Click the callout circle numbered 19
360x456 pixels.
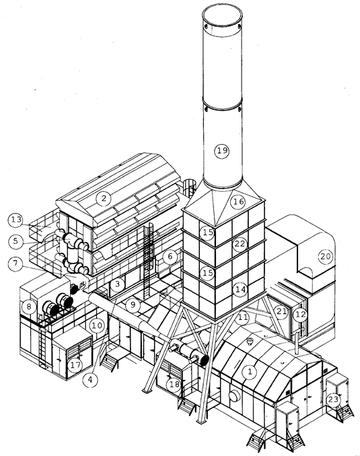tap(222, 151)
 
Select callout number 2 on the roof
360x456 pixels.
tap(104, 199)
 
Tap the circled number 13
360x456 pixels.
tap(16, 220)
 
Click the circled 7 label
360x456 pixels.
tap(15, 263)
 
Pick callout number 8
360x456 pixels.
tap(28, 306)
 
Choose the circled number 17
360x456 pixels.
tap(75, 364)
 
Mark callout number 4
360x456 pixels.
tap(90, 380)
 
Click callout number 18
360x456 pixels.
tap(174, 385)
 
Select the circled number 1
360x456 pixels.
tap(250, 371)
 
